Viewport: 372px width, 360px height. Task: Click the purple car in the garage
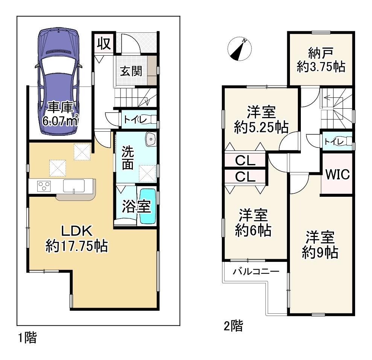[59, 82]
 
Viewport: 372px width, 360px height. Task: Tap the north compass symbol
[239, 49]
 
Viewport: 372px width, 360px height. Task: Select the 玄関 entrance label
[131, 71]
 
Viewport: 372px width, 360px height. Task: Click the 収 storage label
[104, 43]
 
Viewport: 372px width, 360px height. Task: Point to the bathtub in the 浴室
[148, 206]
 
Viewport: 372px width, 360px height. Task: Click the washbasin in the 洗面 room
[151, 139]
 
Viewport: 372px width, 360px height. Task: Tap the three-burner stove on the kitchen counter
[44, 186]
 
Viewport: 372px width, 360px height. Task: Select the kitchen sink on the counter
[74, 186]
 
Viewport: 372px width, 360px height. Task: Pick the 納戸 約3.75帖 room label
[321, 60]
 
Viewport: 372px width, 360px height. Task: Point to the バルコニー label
[256, 271]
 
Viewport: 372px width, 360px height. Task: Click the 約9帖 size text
[320, 252]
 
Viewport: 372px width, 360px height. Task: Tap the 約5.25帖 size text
[261, 127]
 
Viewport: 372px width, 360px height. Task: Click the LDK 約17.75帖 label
[77, 238]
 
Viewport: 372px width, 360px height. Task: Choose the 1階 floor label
[27, 338]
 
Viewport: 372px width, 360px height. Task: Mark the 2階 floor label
[233, 326]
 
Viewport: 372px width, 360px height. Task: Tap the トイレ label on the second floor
[334, 142]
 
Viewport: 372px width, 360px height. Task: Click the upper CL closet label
[245, 161]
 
